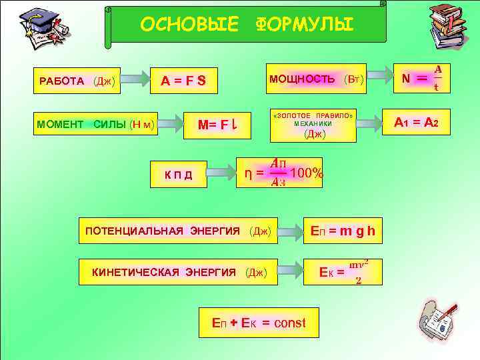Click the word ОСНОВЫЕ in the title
[x=189, y=25]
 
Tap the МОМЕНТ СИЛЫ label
[x=96, y=123]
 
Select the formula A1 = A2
[x=421, y=122]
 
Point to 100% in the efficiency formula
[x=308, y=174]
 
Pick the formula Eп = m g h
[x=343, y=231]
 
